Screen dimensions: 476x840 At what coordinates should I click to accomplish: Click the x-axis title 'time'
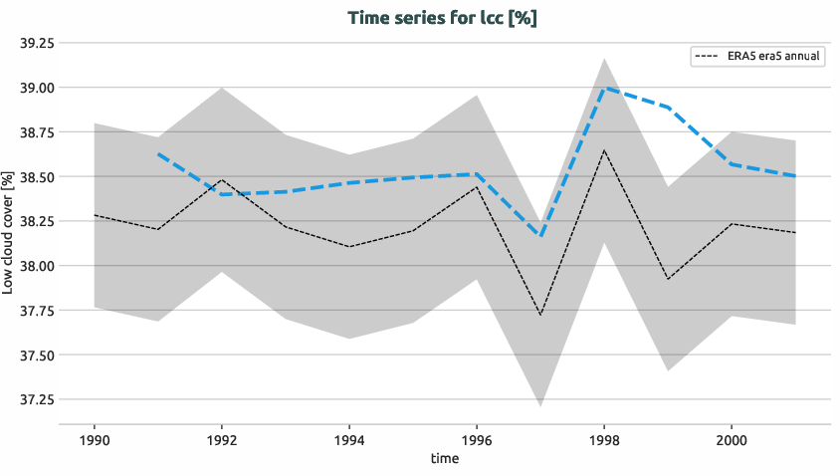pyautogui.click(x=444, y=459)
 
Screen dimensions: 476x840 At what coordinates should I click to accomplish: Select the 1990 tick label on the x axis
pyautogui.click(x=94, y=439)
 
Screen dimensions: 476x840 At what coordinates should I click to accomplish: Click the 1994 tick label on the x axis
pyautogui.click(x=348, y=439)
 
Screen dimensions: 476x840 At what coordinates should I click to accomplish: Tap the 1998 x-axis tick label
pyautogui.click(x=604, y=439)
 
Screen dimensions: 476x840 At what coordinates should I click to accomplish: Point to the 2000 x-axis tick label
pyautogui.click(x=732, y=439)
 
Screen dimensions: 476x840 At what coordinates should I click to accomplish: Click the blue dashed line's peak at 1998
pyautogui.click(x=604, y=88)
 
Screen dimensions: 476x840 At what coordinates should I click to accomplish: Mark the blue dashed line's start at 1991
pyautogui.click(x=157, y=154)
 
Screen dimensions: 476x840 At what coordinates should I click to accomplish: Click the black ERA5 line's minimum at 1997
pyautogui.click(x=540, y=316)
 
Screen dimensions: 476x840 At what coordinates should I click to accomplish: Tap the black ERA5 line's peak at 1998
pyautogui.click(x=604, y=150)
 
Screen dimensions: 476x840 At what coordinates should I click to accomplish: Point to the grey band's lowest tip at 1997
pyautogui.click(x=540, y=406)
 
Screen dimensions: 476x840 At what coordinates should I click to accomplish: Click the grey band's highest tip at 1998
pyautogui.click(x=604, y=59)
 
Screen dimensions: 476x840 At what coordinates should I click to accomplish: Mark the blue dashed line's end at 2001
pyautogui.click(x=795, y=176)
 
